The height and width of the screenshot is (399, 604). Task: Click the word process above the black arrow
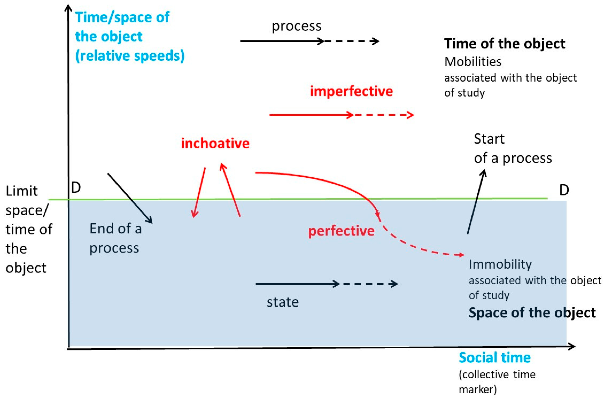coord(297,26)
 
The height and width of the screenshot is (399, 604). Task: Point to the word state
coord(282,302)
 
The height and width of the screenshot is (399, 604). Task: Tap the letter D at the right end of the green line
coord(564,190)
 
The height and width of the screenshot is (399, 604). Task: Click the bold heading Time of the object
coord(505,44)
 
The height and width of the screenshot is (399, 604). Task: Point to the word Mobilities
coord(473,62)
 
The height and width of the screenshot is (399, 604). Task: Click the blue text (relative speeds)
coord(130,56)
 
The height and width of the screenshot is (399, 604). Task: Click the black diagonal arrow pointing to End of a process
coord(130,198)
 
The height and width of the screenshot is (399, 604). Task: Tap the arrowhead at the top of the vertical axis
coord(68,8)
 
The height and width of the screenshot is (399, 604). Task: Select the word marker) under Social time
coord(478,390)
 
